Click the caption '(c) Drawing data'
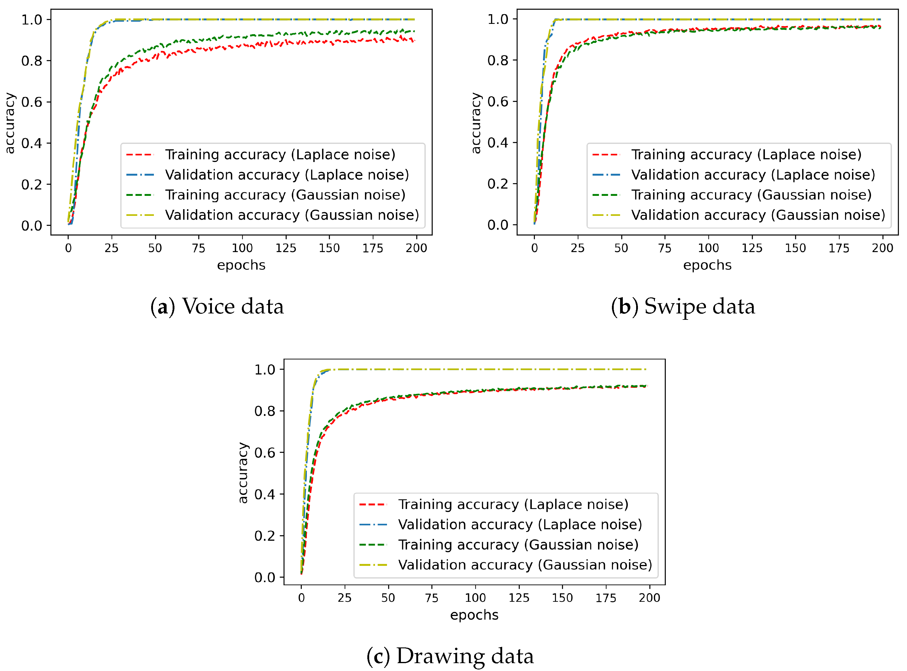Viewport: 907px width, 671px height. coord(450,656)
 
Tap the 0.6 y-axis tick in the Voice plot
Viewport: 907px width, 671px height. coord(32,102)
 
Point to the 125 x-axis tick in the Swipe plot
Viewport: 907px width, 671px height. coord(752,248)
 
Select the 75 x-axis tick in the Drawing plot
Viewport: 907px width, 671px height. coord(431,598)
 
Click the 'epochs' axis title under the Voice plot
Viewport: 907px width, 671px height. coord(241,265)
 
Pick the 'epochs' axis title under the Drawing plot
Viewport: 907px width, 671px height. coord(474,615)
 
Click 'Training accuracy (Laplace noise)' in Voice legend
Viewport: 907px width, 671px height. coord(280,155)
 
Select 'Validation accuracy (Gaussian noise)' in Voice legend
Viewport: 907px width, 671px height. coord(292,215)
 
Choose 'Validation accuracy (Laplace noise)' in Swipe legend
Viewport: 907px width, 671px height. coord(753,175)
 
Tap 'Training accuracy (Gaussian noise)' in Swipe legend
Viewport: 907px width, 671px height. coord(751,195)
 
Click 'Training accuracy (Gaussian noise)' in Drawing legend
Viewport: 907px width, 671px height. coord(518,545)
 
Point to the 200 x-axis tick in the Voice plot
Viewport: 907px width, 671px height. coord(416,248)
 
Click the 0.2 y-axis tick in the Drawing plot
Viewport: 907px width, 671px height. coord(265,536)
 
